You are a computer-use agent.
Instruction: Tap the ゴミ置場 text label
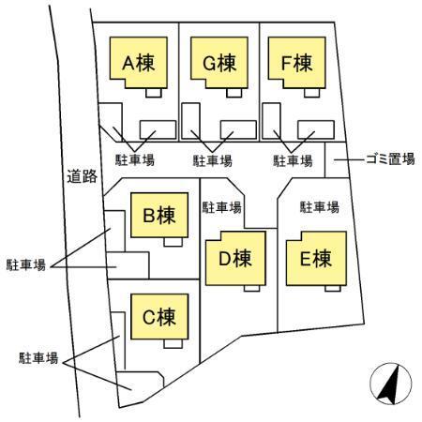388,161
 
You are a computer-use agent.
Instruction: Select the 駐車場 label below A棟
134,161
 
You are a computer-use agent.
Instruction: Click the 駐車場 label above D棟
222,207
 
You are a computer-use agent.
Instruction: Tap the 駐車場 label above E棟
318,207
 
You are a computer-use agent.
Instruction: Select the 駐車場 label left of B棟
25,265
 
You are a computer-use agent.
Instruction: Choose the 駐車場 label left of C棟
38,358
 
